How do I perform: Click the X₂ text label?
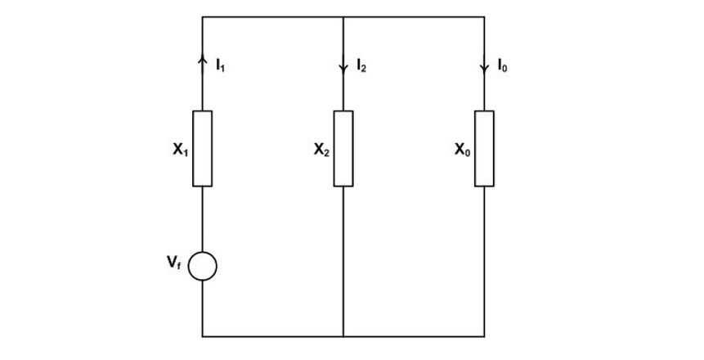pos(321,151)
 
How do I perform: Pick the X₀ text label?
pos(463,151)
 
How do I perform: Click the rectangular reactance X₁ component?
pos(203,148)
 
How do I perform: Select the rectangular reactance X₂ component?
pos(343,148)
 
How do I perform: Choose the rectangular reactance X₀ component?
pos(484,148)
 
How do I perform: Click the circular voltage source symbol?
pos(203,266)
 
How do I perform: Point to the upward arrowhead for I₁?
pos(203,59)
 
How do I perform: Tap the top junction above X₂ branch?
pos(343,16)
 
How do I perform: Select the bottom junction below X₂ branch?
pos(343,335)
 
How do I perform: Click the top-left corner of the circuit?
pos(203,16)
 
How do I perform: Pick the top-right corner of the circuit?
pos(484,16)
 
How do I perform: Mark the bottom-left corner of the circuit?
pos(203,335)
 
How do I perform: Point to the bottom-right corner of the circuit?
pos(484,335)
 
